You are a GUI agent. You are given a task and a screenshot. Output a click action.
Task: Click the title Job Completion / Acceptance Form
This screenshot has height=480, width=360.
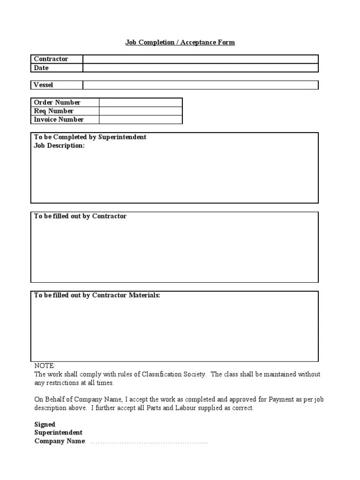180,42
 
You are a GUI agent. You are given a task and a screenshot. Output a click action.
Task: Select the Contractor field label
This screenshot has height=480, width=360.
51,59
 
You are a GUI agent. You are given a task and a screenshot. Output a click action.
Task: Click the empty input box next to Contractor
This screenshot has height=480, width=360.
201,59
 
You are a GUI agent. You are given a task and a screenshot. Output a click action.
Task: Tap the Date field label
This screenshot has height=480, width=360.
41,68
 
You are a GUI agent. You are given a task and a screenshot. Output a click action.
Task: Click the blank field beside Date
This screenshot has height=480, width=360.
201,68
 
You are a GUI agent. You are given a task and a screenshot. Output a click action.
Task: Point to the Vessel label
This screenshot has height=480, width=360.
44,85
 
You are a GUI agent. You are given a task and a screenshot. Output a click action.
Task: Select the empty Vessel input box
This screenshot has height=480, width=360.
201,85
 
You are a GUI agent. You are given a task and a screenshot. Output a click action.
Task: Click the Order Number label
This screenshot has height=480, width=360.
57,102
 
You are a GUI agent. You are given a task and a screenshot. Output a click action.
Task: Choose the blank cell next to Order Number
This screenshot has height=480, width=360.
140,102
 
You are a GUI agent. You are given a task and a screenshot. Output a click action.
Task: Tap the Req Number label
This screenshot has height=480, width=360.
54,111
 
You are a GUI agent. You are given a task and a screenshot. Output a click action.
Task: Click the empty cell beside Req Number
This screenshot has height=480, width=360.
140,111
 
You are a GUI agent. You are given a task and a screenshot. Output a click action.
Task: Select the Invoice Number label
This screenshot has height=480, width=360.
59,120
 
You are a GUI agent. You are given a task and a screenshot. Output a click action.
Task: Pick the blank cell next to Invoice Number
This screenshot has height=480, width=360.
140,120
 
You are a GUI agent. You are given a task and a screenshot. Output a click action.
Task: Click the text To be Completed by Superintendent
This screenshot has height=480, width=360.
90,137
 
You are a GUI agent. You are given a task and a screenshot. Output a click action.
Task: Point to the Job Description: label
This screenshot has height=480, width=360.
60,146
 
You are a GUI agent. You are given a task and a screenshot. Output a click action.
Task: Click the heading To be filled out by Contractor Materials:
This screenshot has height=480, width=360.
97,295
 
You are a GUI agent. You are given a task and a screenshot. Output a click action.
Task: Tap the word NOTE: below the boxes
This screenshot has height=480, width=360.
45,366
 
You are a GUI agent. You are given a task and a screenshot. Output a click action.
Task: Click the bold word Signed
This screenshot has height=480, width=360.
45,424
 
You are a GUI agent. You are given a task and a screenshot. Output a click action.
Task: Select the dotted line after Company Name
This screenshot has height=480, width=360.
149,442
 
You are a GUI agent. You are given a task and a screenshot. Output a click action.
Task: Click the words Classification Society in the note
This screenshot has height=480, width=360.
180,374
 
